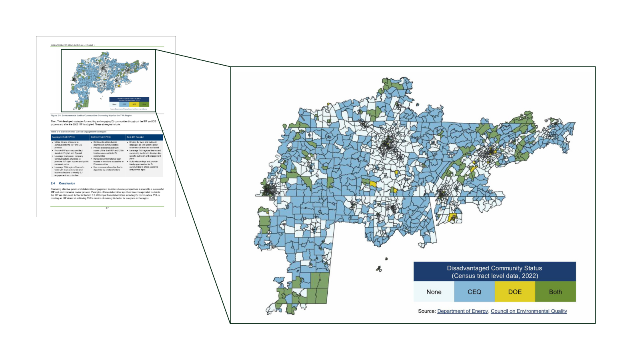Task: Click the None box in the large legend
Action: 434,292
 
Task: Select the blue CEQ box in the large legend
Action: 474,292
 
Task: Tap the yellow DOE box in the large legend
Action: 515,292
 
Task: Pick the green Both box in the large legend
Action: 555,292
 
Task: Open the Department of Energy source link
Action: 462,311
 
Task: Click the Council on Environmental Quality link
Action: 529,311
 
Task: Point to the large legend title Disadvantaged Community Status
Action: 494,268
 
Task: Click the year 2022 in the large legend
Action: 530,276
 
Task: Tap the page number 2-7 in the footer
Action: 107,208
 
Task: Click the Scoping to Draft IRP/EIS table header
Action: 64,137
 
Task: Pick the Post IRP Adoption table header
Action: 136,137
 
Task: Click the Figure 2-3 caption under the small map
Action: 91,115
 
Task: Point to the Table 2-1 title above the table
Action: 78,132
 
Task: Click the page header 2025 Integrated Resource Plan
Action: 72,45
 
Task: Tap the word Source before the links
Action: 426,311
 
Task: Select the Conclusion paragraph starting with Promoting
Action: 107,194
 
